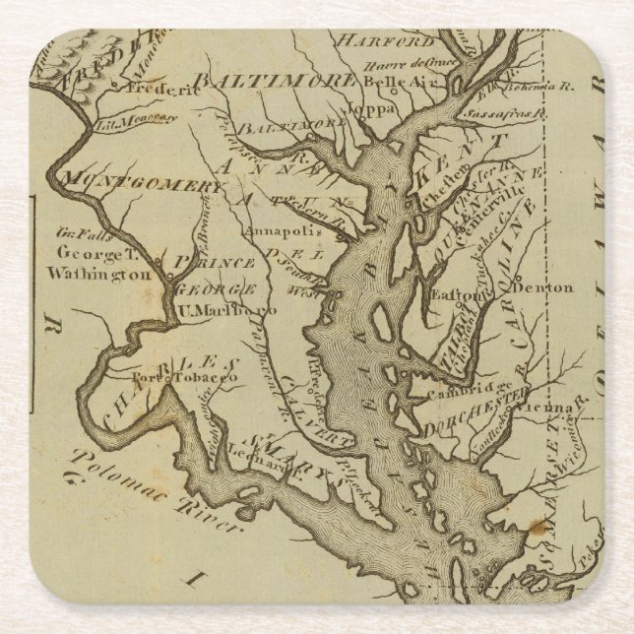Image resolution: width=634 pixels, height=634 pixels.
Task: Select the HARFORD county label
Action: pos(384,41)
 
